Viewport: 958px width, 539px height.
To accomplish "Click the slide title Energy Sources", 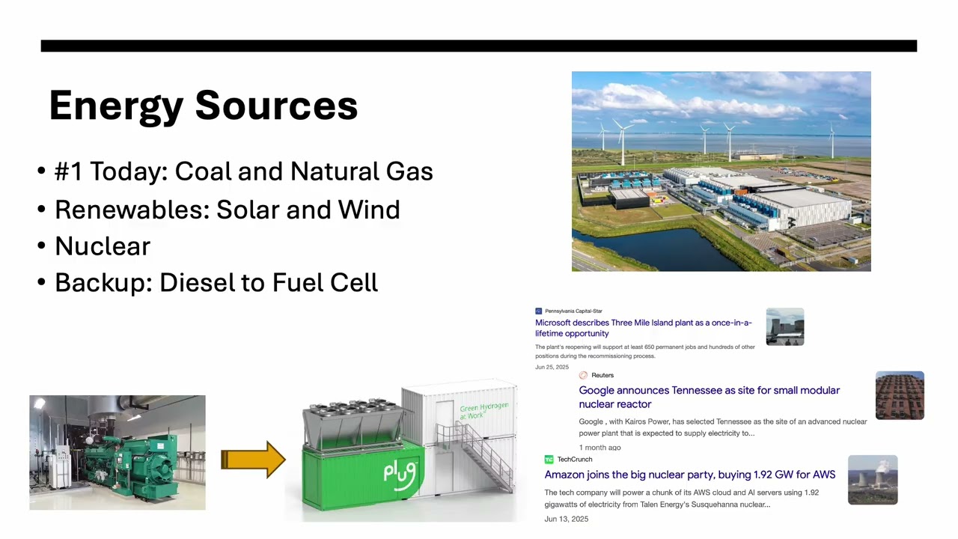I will [203, 106].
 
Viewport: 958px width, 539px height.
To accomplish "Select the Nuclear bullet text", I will [103, 246].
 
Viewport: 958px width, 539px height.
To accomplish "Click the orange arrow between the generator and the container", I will [252, 460].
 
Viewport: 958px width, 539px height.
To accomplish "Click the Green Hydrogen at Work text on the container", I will [483, 410].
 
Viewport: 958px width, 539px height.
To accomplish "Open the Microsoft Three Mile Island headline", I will [643, 328].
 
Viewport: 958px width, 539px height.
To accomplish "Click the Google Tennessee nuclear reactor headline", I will [709, 397].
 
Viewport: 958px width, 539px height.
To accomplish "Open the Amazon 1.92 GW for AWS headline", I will [689, 475].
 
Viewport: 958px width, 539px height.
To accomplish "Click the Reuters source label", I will [602, 375].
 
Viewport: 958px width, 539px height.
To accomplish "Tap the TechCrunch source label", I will [574, 459].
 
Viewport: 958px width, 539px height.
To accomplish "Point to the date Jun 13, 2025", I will [566, 519].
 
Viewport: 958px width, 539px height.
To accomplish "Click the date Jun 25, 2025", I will [552, 367].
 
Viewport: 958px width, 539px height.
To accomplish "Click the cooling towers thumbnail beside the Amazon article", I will [872, 480].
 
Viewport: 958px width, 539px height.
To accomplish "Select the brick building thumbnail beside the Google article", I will [900, 395].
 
